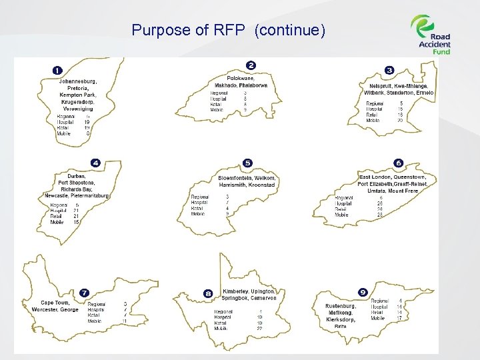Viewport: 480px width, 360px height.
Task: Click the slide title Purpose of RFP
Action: (x=228, y=30)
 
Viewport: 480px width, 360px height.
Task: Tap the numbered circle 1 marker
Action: (x=58, y=70)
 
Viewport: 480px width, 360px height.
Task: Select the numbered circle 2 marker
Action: (x=251, y=65)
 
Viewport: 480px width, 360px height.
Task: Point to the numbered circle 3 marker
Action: (x=389, y=70)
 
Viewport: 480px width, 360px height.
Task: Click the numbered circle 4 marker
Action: (x=96, y=163)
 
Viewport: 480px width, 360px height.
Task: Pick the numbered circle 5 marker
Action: (x=248, y=163)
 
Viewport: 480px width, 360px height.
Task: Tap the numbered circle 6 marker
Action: (x=399, y=163)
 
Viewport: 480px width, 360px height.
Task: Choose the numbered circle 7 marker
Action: (x=84, y=292)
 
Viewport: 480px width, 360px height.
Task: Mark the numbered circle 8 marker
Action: (x=209, y=293)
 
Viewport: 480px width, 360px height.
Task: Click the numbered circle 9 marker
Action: (x=363, y=292)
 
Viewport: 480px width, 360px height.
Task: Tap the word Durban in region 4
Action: (x=76, y=176)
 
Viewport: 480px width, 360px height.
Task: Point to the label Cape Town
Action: (x=55, y=303)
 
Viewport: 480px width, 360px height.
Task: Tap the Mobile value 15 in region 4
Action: (x=76, y=221)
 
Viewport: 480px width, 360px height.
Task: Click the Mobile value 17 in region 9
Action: (x=399, y=318)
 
